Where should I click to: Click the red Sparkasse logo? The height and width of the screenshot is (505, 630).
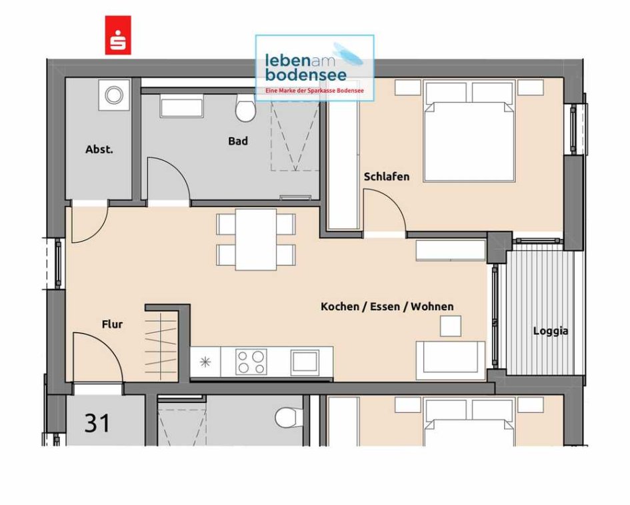pyautogui.click(x=118, y=35)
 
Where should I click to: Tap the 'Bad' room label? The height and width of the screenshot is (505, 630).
pyautogui.click(x=238, y=141)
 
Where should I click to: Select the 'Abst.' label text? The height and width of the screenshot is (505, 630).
pyautogui.click(x=99, y=149)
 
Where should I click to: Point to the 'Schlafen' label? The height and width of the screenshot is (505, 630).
pyautogui.click(x=387, y=177)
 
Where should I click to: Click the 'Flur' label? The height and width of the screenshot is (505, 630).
pyautogui.click(x=112, y=324)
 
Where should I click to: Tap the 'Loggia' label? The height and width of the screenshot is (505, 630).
pyautogui.click(x=551, y=332)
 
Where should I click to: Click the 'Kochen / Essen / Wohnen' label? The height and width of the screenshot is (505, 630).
pyautogui.click(x=387, y=307)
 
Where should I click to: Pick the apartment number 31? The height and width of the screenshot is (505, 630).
pyautogui.click(x=97, y=423)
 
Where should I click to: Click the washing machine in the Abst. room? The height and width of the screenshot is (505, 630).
pyautogui.click(x=115, y=95)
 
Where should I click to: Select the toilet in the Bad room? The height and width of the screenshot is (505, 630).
pyautogui.click(x=245, y=108)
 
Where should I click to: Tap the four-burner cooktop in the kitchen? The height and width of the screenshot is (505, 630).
pyautogui.click(x=251, y=362)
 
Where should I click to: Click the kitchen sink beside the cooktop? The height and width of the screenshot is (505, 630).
pyautogui.click(x=305, y=361)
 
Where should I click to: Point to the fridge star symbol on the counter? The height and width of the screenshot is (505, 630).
pyautogui.click(x=205, y=362)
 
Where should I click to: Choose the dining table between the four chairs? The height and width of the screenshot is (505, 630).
pyautogui.click(x=256, y=239)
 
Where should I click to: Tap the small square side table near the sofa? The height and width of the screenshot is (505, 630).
pyautogui.click(x=451, y=326)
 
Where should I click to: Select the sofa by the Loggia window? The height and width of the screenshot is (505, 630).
pyautogui.click(x=451, y=361)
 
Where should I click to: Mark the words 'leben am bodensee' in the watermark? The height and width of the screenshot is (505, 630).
pyautogui.click(x=305, y=67)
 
